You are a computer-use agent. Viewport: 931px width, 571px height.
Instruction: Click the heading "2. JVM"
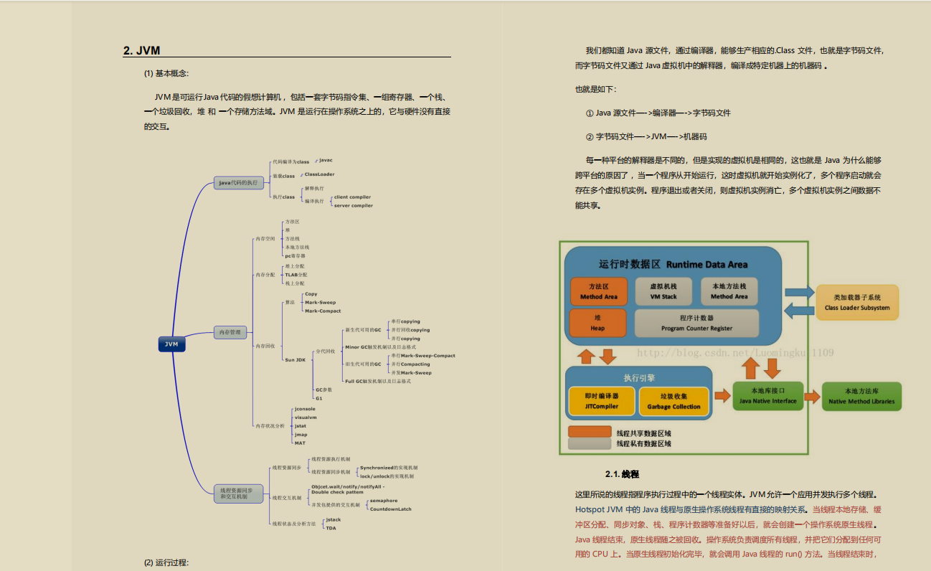[141, 50]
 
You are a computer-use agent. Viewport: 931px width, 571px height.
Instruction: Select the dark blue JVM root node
[171, 344]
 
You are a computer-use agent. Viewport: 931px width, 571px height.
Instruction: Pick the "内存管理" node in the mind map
[230, 332]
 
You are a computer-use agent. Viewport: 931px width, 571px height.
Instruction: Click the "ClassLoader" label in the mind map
[319, 174]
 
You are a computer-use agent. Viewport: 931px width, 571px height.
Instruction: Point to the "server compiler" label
[354, 205]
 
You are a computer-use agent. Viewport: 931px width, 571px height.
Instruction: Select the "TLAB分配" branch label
[296, 275]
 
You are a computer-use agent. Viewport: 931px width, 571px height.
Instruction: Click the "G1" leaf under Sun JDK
[319, 397]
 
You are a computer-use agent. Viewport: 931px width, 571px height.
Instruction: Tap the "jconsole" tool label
[305, 409]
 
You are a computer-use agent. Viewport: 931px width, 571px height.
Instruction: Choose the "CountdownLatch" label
[391, 509]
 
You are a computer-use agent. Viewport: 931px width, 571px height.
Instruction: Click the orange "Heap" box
[597, 323]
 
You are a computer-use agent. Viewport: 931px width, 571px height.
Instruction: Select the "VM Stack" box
[663, 291]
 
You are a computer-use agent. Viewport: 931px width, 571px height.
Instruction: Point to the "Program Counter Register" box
[696, 323]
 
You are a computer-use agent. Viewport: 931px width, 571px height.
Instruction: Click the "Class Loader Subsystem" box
[856, 302]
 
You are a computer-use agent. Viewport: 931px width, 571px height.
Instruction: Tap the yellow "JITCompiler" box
[601, 401]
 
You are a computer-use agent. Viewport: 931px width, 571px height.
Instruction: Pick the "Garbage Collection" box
[674, 401]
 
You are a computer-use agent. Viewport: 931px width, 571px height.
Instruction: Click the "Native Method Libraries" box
[861, 396]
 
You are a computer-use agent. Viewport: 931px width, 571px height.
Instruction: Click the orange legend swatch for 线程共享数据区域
[590, 433]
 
